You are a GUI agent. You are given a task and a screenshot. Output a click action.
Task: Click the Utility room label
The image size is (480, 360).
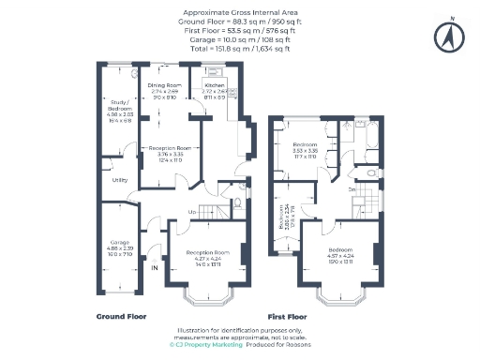pos(119,179)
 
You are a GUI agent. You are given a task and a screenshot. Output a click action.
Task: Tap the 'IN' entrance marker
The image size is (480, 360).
pos(156,266)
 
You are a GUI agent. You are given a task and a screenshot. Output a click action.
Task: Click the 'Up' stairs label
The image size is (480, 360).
pos(193,212)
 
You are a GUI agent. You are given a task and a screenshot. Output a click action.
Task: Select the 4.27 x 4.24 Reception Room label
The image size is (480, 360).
pos(203,256)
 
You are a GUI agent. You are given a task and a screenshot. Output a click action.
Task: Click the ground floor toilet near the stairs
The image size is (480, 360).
pos(238,201)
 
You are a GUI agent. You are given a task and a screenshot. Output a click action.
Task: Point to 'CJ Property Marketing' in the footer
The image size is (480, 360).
pos(205,345)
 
